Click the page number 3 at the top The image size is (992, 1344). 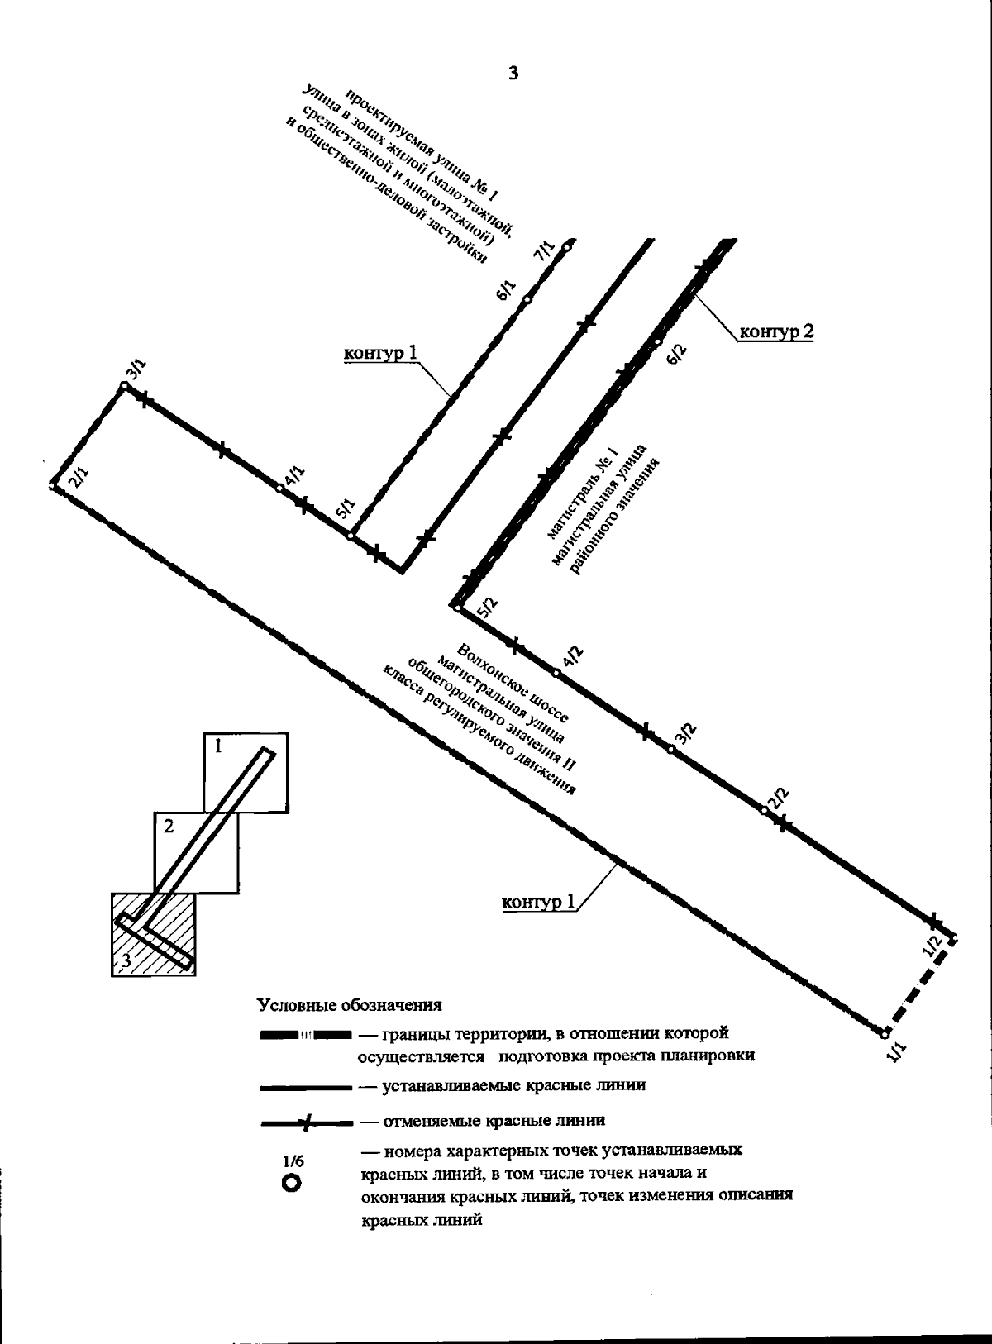coord(513,74)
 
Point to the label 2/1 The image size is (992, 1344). coord(78,478)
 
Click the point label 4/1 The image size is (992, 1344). coord(294,478)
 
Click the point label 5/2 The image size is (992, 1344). coord(488,608)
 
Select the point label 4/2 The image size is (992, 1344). coord(572,656)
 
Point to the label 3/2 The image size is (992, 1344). coord(686,733)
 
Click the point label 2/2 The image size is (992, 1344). coord(779,798)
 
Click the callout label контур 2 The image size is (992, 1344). coord(775,332)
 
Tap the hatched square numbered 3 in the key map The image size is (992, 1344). coord(153,934)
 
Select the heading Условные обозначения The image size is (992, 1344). coord(349,1005)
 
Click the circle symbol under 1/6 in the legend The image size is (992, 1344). coord(291,1184)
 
